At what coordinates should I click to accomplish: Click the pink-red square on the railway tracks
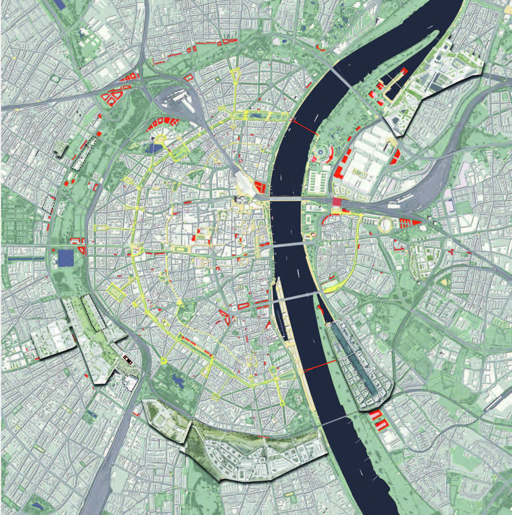click(x=337, y=202)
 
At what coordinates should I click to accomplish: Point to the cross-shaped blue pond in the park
click(x=178, y=379)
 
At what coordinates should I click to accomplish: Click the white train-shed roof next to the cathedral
click(x=244, y=183)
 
